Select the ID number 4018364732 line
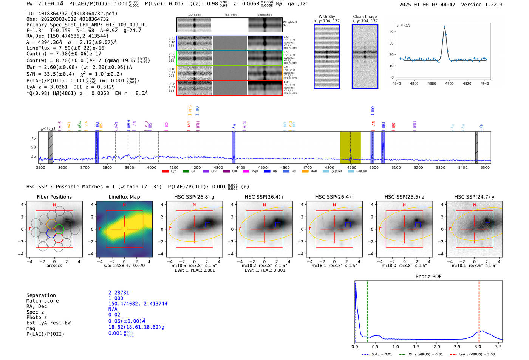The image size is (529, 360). pyautogui.click(x=72, y=14)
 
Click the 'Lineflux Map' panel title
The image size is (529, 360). pyautogui.click(x=124, y=197)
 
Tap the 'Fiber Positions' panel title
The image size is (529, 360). pyautogui.click(x=54, y=197)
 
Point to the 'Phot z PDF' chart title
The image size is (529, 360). pyautogui.click(x=428, y=277)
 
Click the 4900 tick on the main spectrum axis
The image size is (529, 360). pyautogui.click(x=351, y=168)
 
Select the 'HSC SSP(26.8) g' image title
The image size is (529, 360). pyautogui.click(x=194, y=197)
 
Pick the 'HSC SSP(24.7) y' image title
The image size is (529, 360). pyautogui.click(x=474, y=197)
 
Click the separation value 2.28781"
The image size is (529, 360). pyautogui.click(x=120, y=293)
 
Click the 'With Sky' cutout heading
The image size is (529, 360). pyautogui.click(x=326, y=17)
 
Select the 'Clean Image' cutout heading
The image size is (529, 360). pyautogui.click(x=365, y=17)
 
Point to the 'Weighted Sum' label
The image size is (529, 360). pyautogui.click(x=289, y=24)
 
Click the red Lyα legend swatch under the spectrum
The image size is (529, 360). pyautogui.click(x=165, y=172)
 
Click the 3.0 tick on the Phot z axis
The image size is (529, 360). pyautogui.click(x=478, y=346)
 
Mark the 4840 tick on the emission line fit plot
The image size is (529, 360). pyautogui.click(x=397, y=83)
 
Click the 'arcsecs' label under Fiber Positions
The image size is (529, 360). pyautogui.click(x=54, y=266)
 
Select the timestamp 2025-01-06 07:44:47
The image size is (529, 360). pyautogui.click(x=427, y=5)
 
